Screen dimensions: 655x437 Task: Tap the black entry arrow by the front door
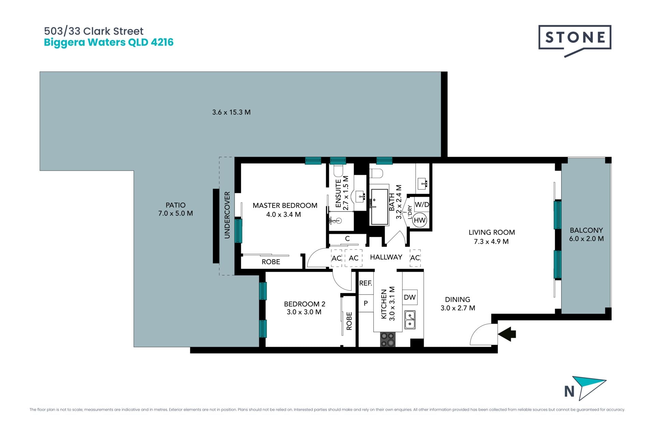click(x=507, y=334)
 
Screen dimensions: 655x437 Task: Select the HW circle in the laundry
click(x=420, y=220)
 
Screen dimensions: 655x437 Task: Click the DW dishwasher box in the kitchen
click(x=410, y=297)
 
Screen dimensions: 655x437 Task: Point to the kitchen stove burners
click(x=388, y=339)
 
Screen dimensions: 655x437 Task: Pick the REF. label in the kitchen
click(x=365, y=283)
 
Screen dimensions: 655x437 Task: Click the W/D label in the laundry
click(x=422, y=205)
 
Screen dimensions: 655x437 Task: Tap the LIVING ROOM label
click(x=492, y=232)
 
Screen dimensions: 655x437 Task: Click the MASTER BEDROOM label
click(x=285, y=206)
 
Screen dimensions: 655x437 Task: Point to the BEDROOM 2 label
click(x=305, y=304)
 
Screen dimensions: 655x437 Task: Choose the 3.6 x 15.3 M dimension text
click(x=231, y=112)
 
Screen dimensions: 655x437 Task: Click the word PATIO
click(x=176, y=205)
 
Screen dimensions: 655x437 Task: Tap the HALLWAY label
click(x=386, y=257)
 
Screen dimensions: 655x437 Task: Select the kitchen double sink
click(x=410, y=320)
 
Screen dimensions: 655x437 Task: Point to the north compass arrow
click(x=588, y=388)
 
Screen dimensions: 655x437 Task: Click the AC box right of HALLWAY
click(x=415, y=258)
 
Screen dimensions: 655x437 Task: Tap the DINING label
click(x=457, y=299)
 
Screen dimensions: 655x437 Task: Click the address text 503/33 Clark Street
click(x=94, y=31)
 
